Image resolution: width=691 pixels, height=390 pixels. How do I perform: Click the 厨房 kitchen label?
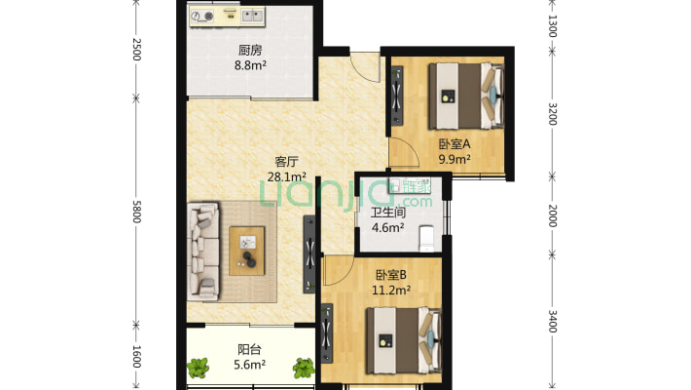pos(250,51)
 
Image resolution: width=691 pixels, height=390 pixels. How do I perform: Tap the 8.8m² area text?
pos(250,65)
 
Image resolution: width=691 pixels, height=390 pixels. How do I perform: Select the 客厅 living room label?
pos(286,162)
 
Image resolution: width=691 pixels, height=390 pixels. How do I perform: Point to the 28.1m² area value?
pos(287,177)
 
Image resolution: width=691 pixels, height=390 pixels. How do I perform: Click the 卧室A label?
pos(455,144)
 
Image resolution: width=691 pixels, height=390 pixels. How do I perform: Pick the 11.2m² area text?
pos(391,291)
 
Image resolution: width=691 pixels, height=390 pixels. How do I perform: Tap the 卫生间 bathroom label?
pos(387,213)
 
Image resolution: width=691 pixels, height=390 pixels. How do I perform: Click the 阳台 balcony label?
pos(249,349)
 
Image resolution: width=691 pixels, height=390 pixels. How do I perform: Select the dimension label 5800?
pos(136,212)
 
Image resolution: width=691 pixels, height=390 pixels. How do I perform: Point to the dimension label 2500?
pos(136,50)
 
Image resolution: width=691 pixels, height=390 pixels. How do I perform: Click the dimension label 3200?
pos(552,114)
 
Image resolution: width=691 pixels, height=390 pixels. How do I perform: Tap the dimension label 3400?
pos(552,321)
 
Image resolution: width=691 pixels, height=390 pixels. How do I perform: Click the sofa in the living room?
pos(203,252)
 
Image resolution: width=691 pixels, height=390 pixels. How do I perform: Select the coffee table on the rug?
pos(247,251)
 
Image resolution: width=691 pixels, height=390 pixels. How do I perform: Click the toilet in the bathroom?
pos(426,239)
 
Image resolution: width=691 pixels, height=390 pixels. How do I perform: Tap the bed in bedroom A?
pos(466,96)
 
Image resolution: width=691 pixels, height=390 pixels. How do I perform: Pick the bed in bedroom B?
pos(404,340)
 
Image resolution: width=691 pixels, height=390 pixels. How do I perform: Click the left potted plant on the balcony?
pos(198,368)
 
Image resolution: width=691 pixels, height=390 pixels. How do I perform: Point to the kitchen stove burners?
pos(202,17)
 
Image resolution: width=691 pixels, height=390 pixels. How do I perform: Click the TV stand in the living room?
pos(309,253)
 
